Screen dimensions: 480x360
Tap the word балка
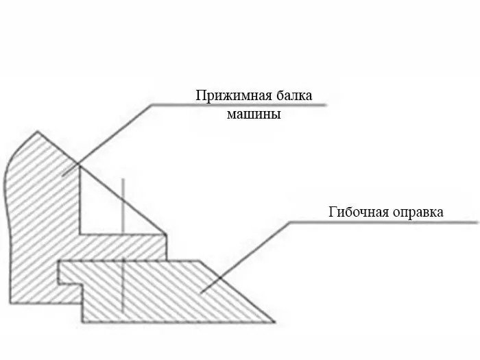click(x=294, y=95)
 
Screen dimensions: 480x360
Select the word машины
click(x=254, y=115)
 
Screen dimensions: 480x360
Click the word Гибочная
click(x=359, y=211)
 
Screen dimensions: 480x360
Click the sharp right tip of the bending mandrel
click(x=274, y=322)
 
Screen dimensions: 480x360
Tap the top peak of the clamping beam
click(x=37, y=132)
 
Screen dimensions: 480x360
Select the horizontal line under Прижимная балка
click(x=239, y=105)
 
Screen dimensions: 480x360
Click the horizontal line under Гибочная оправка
click(x=383, y=222)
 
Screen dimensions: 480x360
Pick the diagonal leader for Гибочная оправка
click(x=245, y=257)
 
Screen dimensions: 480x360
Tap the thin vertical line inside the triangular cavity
click(x=123, y=206)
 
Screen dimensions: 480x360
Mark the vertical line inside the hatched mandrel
click(x=123, y=287)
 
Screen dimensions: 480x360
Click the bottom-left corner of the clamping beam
click(x=10, y=303)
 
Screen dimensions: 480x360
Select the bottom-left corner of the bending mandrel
click(x=83, y=322)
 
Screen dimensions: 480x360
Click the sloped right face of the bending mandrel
click(x=237, y=291)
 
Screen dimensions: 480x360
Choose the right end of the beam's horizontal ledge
click(x=166, y=235)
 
